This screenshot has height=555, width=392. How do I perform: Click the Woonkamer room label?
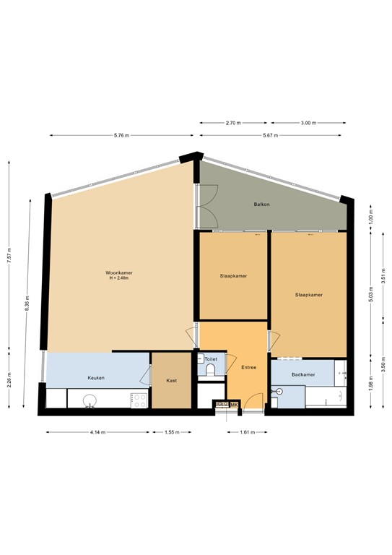(118, 272)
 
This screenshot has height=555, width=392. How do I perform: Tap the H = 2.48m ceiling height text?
(118, 278)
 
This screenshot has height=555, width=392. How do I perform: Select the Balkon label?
(261, 205)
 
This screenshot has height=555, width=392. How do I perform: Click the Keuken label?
(97, 378)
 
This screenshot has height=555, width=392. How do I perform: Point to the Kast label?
(172, 380)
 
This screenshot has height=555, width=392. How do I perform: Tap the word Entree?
(249, 367)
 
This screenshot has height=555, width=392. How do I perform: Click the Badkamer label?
(302, 375)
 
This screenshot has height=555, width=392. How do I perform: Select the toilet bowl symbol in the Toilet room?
(210, 371)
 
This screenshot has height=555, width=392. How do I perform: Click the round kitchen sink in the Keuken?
(90, 400)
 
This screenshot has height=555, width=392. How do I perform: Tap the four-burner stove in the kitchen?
(139, 398)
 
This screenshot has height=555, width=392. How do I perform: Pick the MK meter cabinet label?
(233, 404)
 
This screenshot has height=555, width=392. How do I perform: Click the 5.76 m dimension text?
(122, 135)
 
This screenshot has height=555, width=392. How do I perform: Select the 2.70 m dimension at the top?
(232, 123)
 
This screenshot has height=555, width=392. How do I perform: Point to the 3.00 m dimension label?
(308, 123)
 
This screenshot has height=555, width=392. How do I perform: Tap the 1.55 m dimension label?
(170, 432)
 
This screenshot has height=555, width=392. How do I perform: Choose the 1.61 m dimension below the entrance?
(248, 432)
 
